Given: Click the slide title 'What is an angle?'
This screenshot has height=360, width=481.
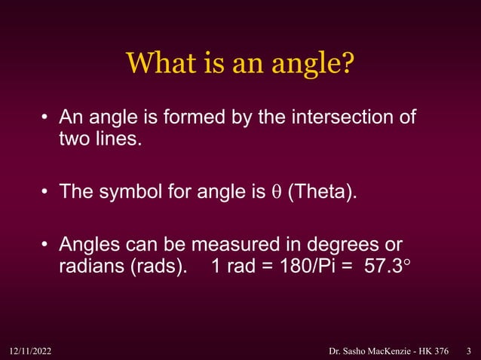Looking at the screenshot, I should (x=240, y=63).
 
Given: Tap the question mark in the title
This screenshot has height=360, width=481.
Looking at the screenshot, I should (x=347, y=63).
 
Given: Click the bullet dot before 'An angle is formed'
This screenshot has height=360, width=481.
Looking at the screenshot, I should (x=46, y=118).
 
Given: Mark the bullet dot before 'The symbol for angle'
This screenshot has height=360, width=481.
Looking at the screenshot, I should (x=46, y=192).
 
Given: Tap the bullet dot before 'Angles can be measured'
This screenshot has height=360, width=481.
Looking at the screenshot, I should (x=46, y=246).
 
